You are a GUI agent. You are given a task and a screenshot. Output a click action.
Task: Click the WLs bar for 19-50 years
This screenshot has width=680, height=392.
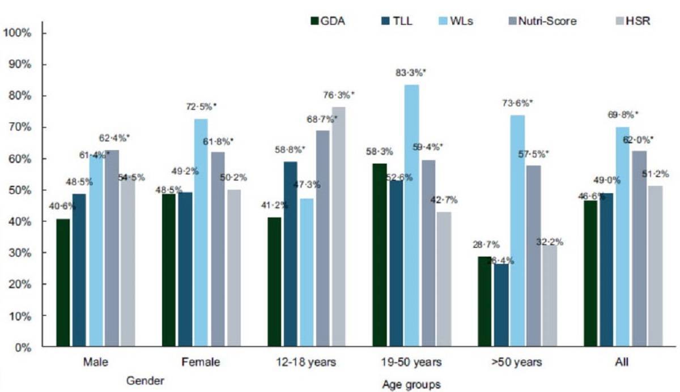pyautogui.click(x=412, y=215)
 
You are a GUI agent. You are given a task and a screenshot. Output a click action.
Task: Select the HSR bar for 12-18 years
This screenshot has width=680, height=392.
pyautogui.click(x=339, y=227)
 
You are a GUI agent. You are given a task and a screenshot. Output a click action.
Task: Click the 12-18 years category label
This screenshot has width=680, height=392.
pyautogui.click(x=307, y=362)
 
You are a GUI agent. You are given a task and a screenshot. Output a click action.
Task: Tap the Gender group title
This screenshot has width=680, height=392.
pyautogui.click(x=146, y=381)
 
